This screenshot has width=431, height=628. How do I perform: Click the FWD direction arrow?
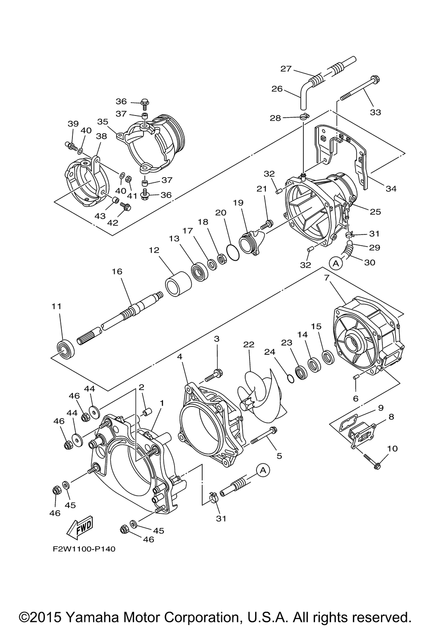tap(80, 528)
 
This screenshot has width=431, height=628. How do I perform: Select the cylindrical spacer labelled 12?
tap(178, 284)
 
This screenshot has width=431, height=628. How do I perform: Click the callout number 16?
tap(117, 272)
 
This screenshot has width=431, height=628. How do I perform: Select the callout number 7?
tap(326, 278)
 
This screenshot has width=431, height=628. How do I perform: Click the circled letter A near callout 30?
tap(336, 263)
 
